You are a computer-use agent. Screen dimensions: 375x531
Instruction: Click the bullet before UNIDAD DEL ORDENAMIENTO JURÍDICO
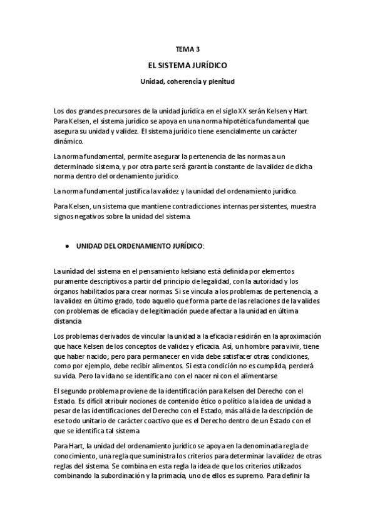click(67, 247)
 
